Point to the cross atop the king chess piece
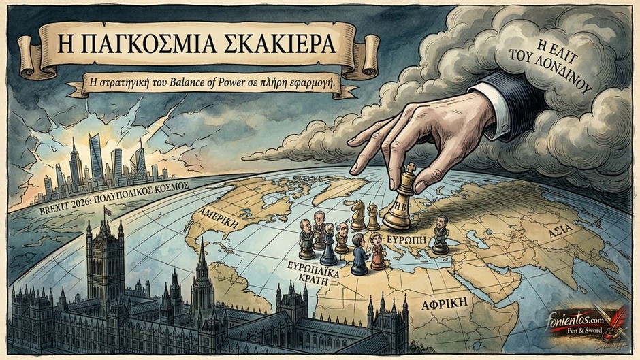point(410,168)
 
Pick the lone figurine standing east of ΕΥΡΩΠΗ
point(441,235)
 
